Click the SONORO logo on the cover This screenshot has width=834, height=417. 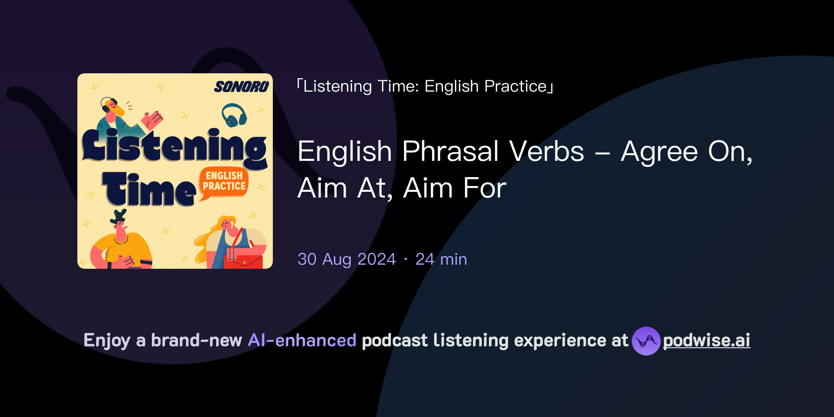(x=241, y=87)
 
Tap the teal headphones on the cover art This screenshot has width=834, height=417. (x=234, y=115)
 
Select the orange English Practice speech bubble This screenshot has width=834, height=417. (x=224, y=182)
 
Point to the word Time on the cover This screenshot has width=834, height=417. (x=149, y=189)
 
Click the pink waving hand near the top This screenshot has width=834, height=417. (x=151, y=120)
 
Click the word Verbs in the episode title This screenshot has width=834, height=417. (x=546, y=151)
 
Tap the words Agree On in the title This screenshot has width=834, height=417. (x=686, y=151)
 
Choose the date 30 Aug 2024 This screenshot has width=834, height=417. (x=347, y=259)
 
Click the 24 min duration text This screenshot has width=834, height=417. (x=441, y=259)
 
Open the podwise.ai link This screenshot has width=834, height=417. (x=706, y=340)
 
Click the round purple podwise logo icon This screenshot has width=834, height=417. (x=646, y=341)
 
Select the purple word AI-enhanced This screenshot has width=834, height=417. (x=302, y=340)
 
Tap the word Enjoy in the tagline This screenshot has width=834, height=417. (x=107, y=340)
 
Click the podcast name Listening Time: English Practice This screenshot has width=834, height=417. (x=425, y=86)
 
